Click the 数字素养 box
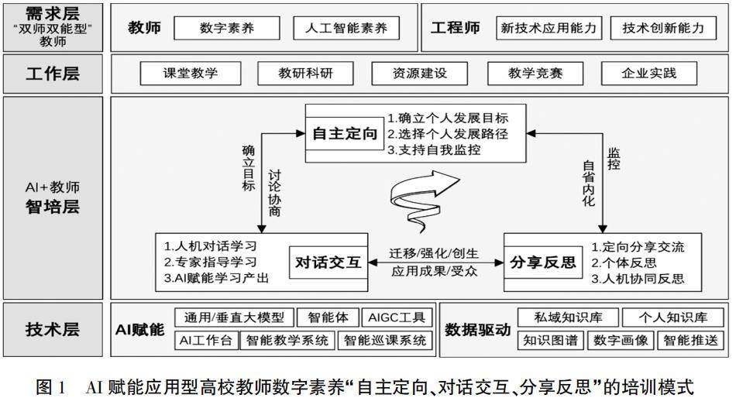(x=226, y=29)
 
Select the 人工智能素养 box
(x=346, y=29)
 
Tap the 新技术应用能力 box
(x=550, y=29)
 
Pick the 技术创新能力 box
(x=664, y=29)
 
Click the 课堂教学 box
(x=191, y=74)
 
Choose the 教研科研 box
(x=306, y=74)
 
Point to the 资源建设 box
(x=420, y=74)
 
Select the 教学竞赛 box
(x=535, y=74)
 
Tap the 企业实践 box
(x=649, y=74)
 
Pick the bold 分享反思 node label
(x=543, y=262)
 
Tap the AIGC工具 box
(x=397, y=317)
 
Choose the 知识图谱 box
(x=552, y=340)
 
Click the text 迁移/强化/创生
(x=434, y=254)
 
